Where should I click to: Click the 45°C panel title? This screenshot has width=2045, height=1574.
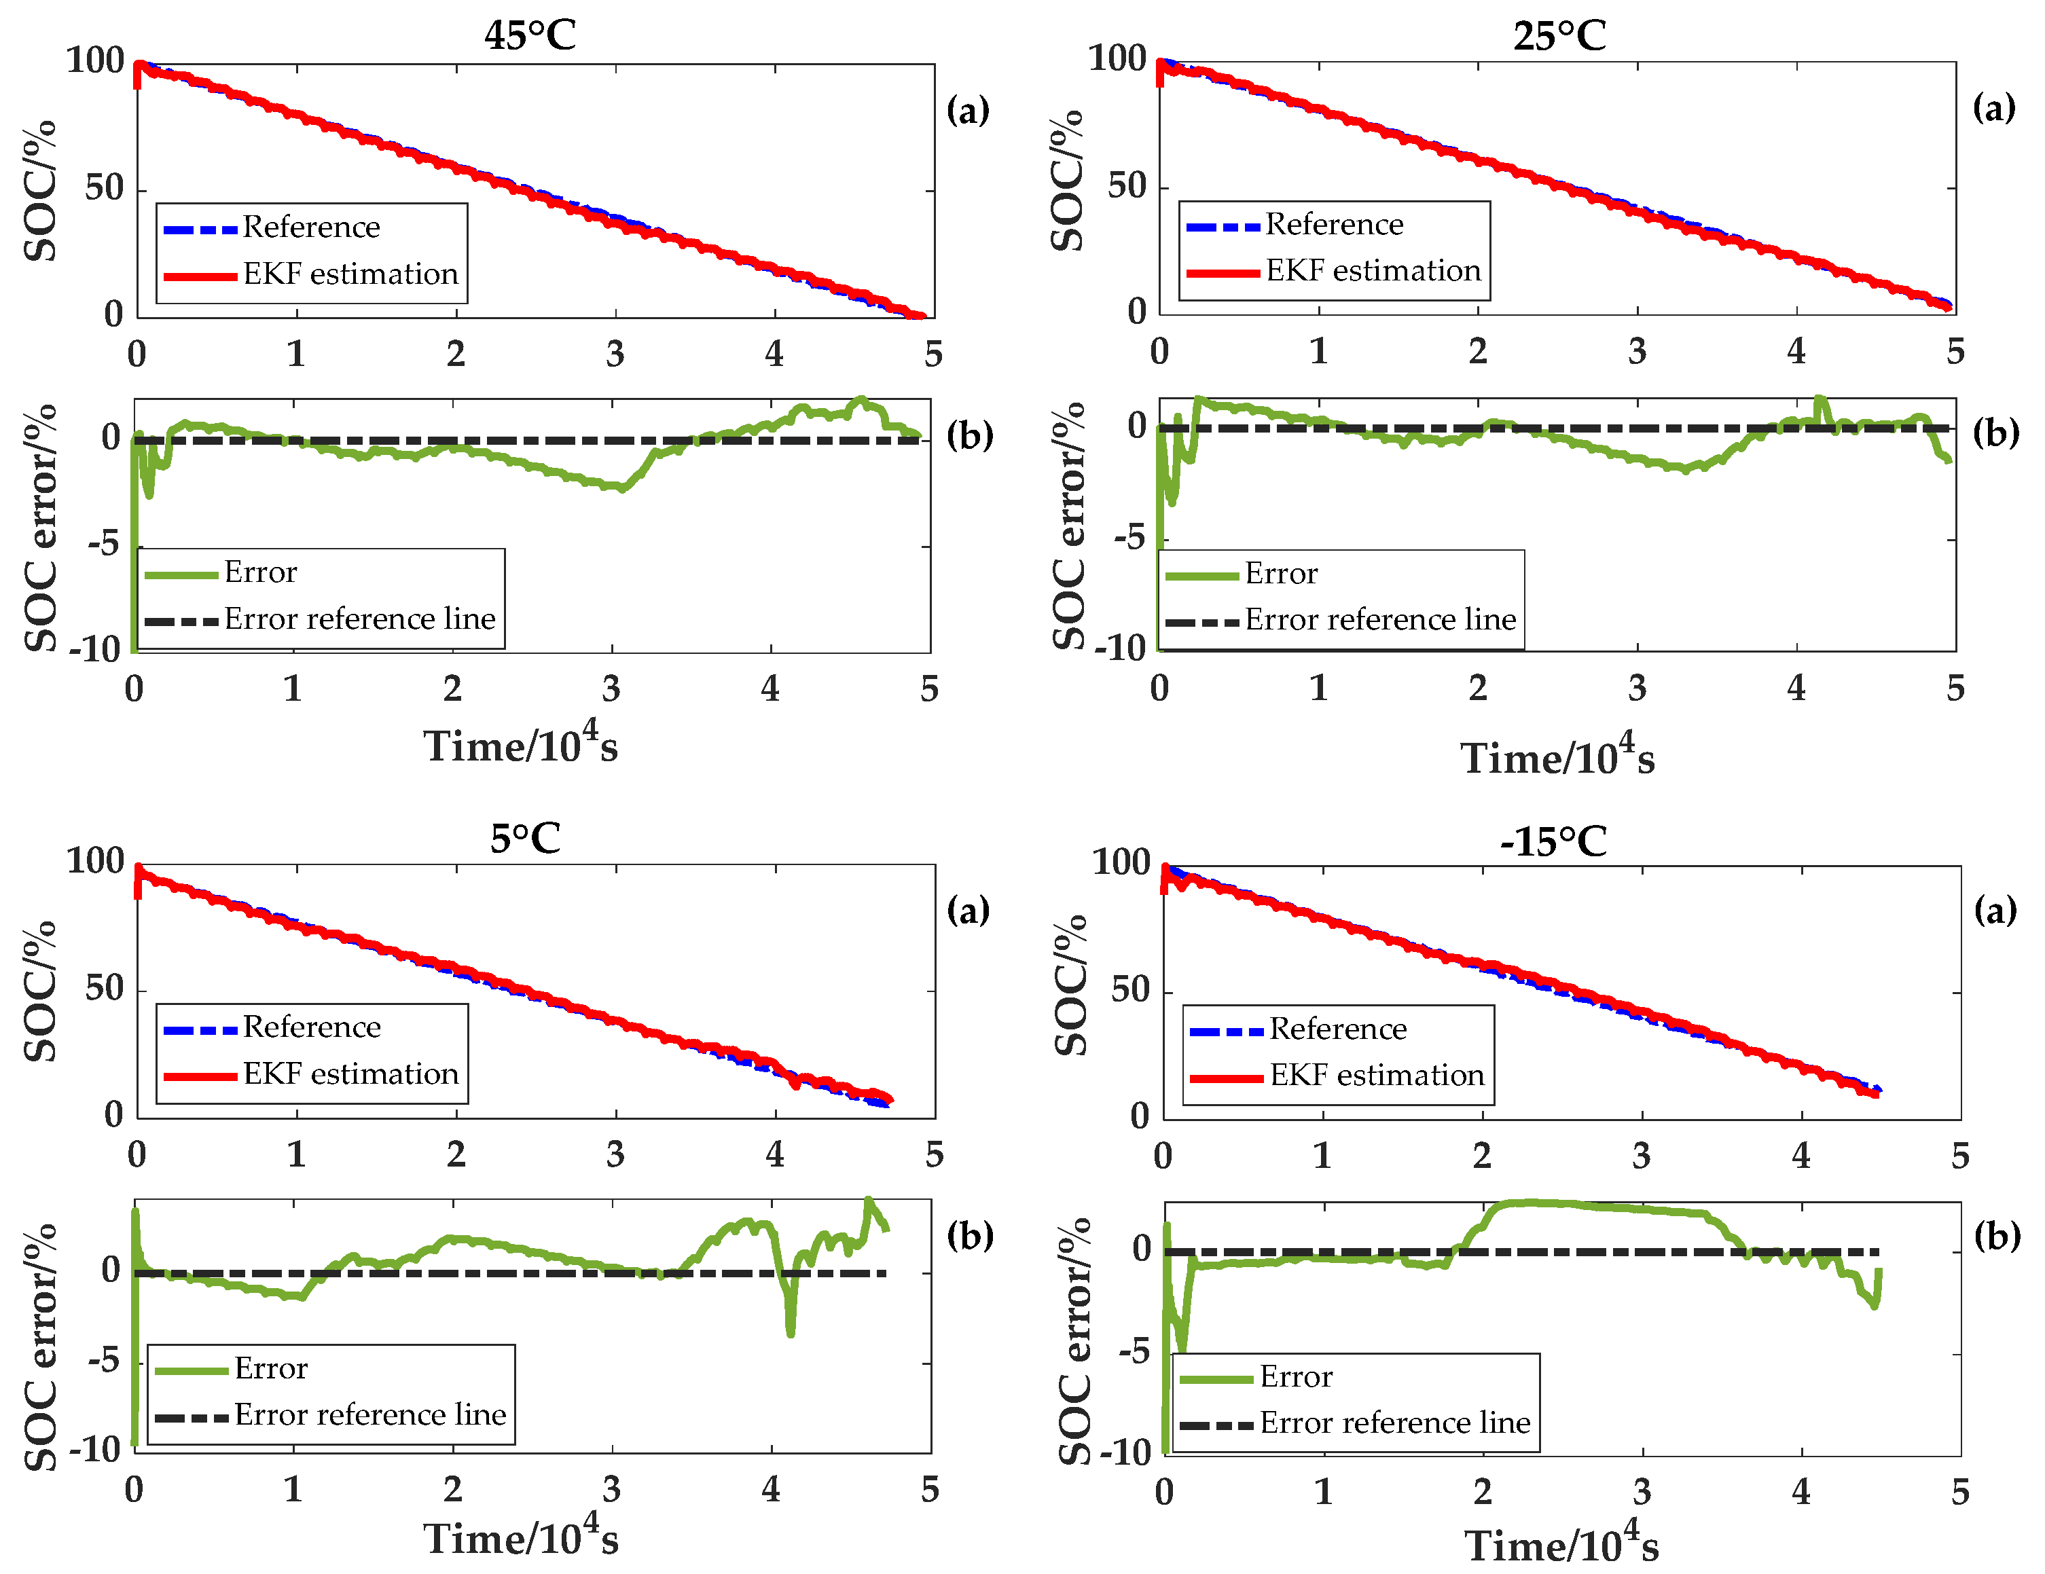(529, 35)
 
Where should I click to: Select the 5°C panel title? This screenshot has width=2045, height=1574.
(524, 838)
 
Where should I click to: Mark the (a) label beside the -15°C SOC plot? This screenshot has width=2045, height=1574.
(1995, 909)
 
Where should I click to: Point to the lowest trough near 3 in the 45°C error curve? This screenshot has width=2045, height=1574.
(620, 488)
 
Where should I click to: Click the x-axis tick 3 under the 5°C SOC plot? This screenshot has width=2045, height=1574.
(615, 1154)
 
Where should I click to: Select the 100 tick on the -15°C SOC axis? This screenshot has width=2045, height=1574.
(1120, 862)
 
